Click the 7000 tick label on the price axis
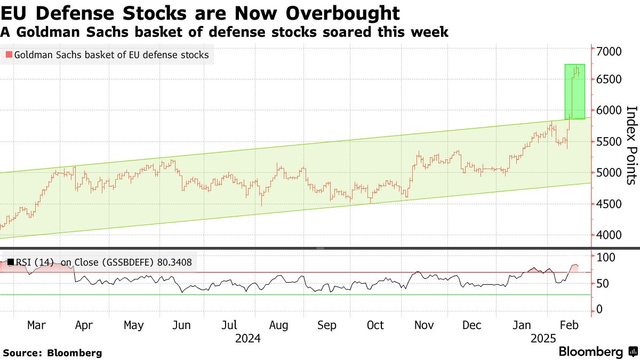tap(610, 52)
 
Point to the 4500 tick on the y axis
tap(610, 204)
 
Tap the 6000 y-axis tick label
tap(610, 110)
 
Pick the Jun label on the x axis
tap(182, 325)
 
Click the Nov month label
tap(424, 325)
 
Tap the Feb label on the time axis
tap(568, 325)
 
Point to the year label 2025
tap(543, 339)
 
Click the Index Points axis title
tap(631, 145)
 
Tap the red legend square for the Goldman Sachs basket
tap(8, 55)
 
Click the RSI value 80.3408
tap(175, 262)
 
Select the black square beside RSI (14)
tap(10, 262)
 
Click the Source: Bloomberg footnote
tap(52, 353)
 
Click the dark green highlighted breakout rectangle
tap(575, 91)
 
